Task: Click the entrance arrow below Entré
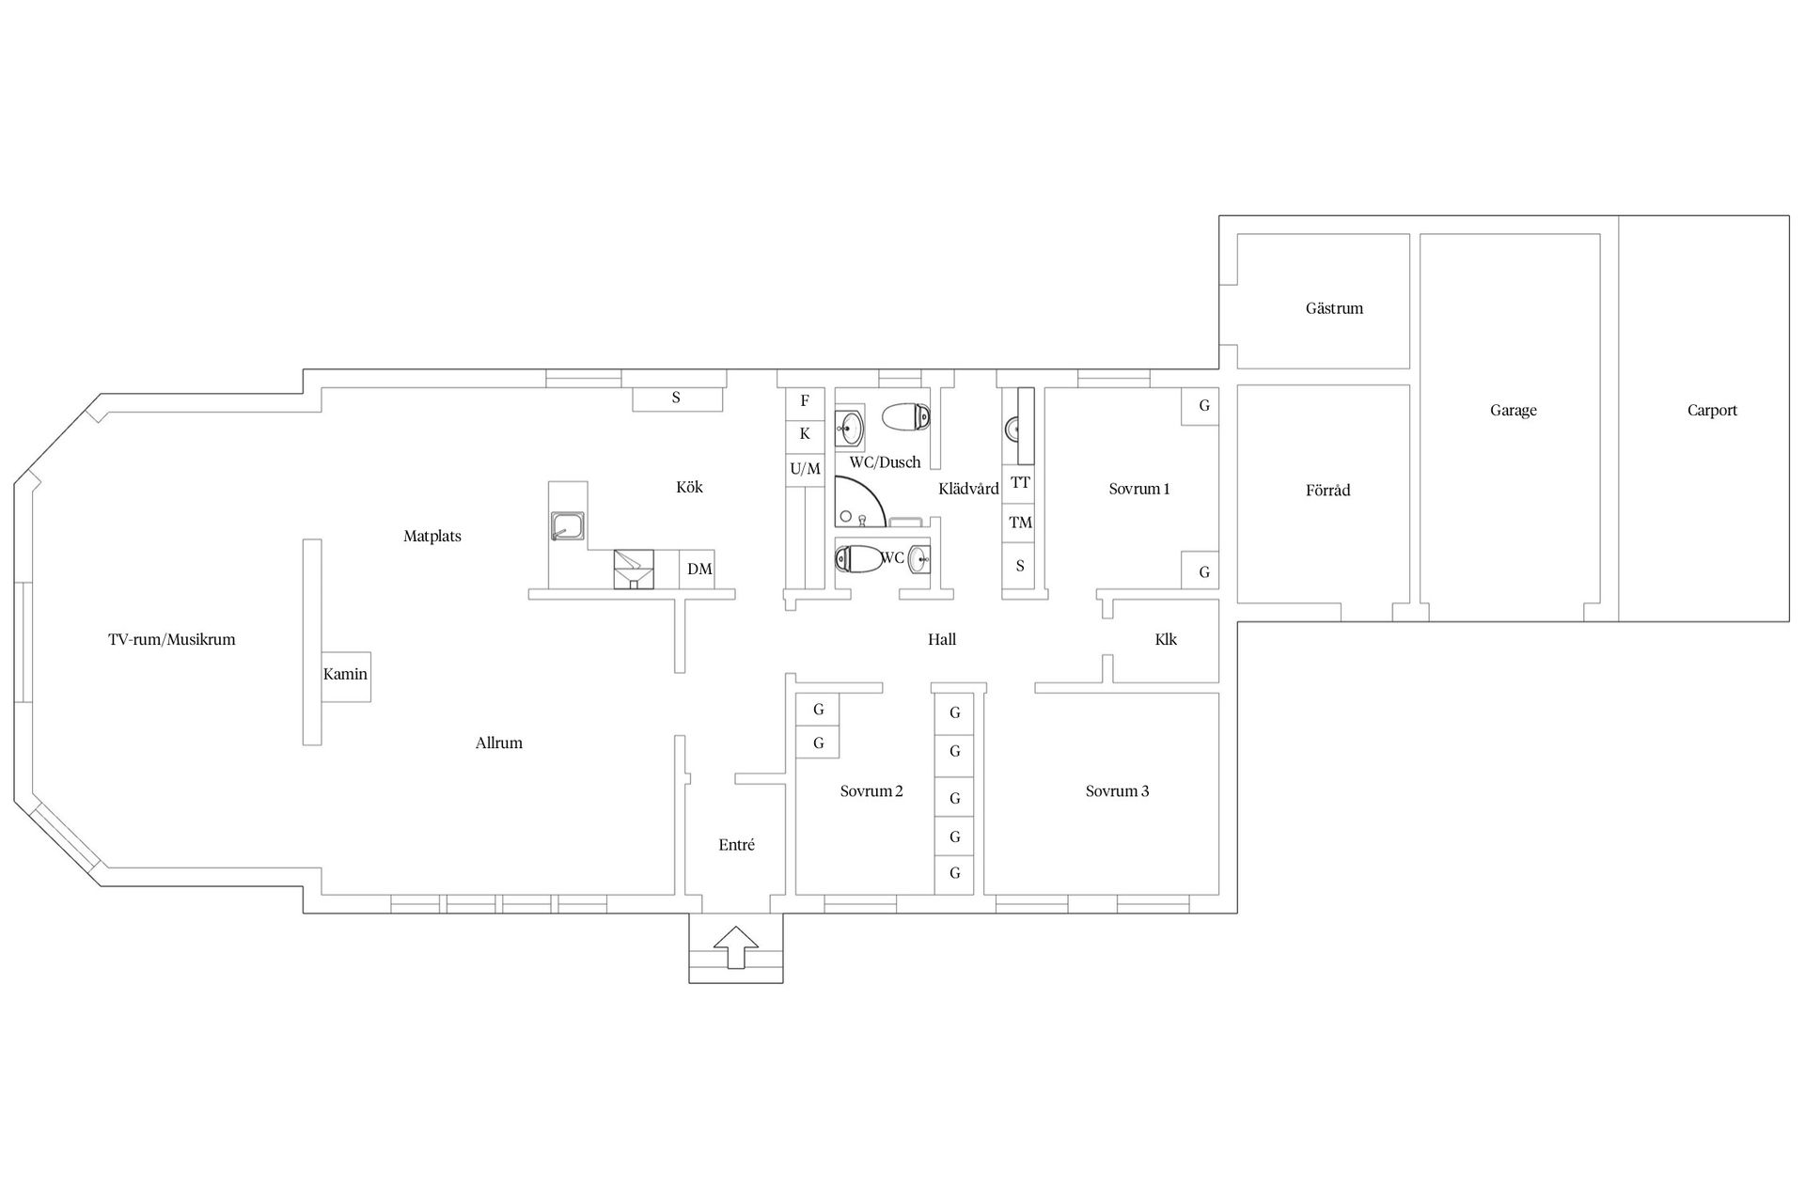click(x=736, y=947)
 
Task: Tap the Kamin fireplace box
click(x=346, y=676)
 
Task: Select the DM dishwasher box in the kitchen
click(x=698, y=570)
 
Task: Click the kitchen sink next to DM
click(x=634, y=570)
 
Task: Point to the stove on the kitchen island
click(x=567, y=526)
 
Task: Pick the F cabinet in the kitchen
click(x=805, y=401)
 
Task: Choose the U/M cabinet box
click(x=805, y=468)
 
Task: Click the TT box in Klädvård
click(x=1020, y=483)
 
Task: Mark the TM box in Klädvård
click(x=1020, y=523)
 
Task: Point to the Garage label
click(x=1514, y=411)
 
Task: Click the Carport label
click(x=1712, y=411)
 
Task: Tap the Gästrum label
click(x=1334, y=308)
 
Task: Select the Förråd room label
click(x=1327, y=490)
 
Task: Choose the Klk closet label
click(x=1166, y=640)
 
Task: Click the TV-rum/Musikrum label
click(x=171, y=640)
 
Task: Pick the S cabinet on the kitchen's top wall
click(x=677, y=398)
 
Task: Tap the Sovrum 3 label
click(x=1117, y=791)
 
